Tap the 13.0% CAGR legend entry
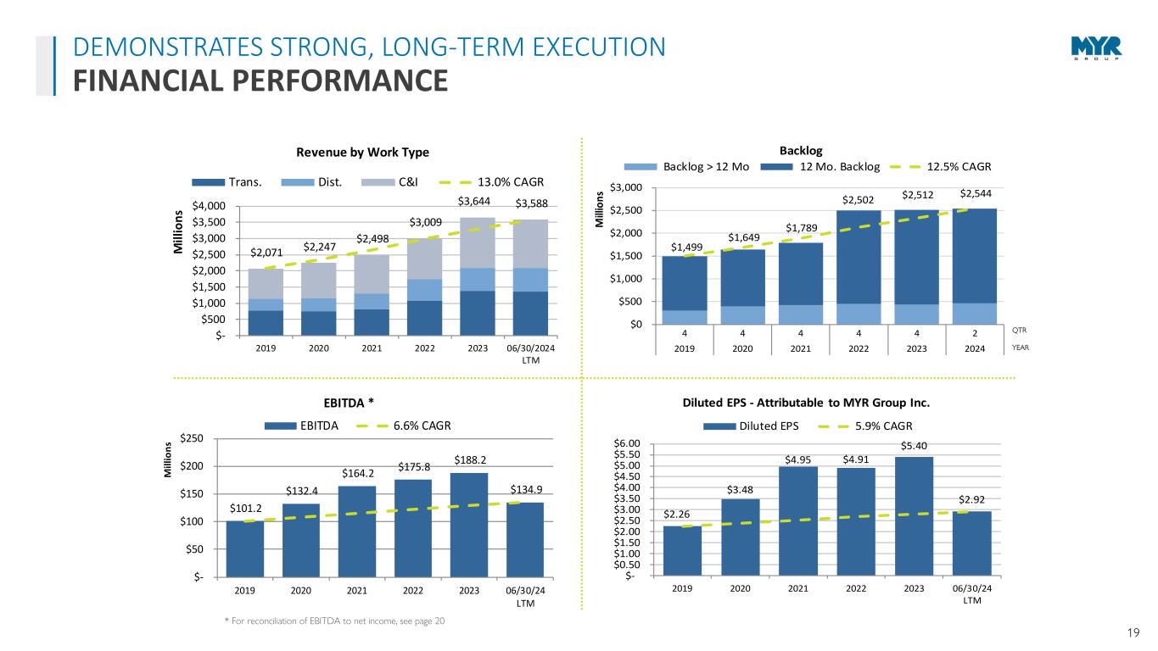[498, 181]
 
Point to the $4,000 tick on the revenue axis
[208, 206]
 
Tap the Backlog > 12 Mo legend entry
[693, 166]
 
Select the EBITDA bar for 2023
[469, 525]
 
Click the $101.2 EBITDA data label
[246, 508]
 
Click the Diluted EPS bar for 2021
[798, 520]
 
